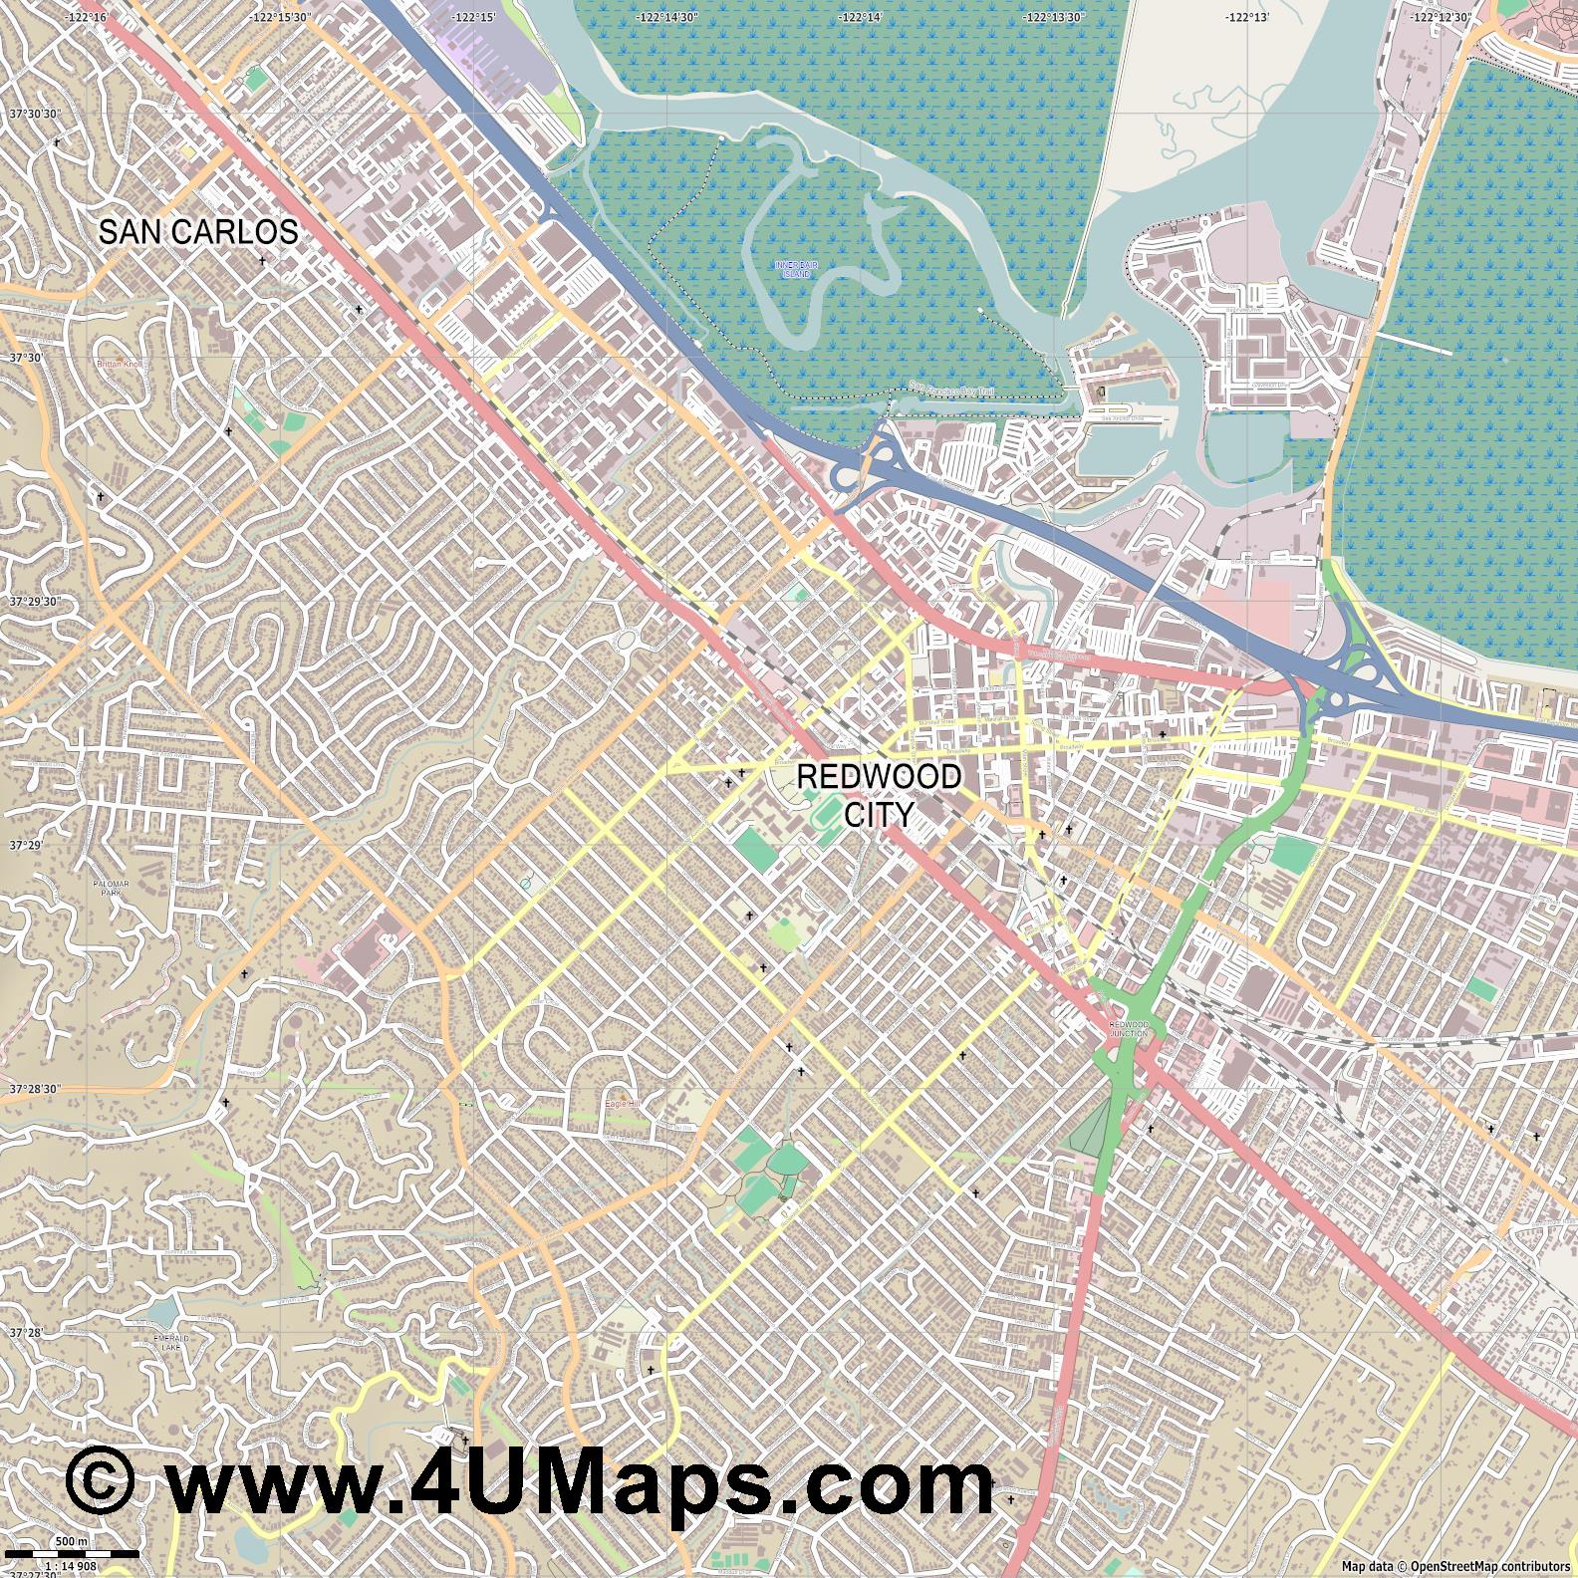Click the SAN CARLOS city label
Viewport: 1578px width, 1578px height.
click(198, 232)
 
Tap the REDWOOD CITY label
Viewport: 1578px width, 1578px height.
click(879, 795)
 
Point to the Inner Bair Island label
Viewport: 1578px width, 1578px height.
click(793, 268)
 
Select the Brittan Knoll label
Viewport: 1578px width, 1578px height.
click(121, 365)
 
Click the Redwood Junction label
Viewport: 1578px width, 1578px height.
click(1129, 1029)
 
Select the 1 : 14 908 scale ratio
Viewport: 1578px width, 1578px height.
click(71, 1565)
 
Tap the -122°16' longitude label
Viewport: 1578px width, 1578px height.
click(84, 17)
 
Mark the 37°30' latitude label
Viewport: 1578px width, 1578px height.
click(27, 358)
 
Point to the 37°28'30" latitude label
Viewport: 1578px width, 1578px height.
click(33, 1089)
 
